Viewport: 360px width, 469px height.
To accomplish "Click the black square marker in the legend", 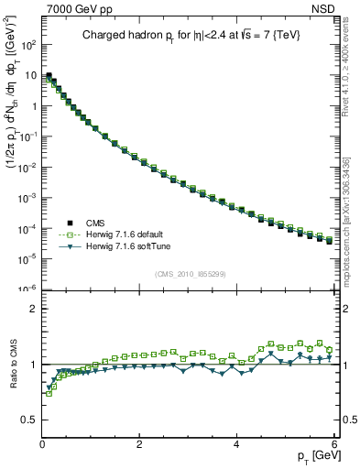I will pos(68,223).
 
